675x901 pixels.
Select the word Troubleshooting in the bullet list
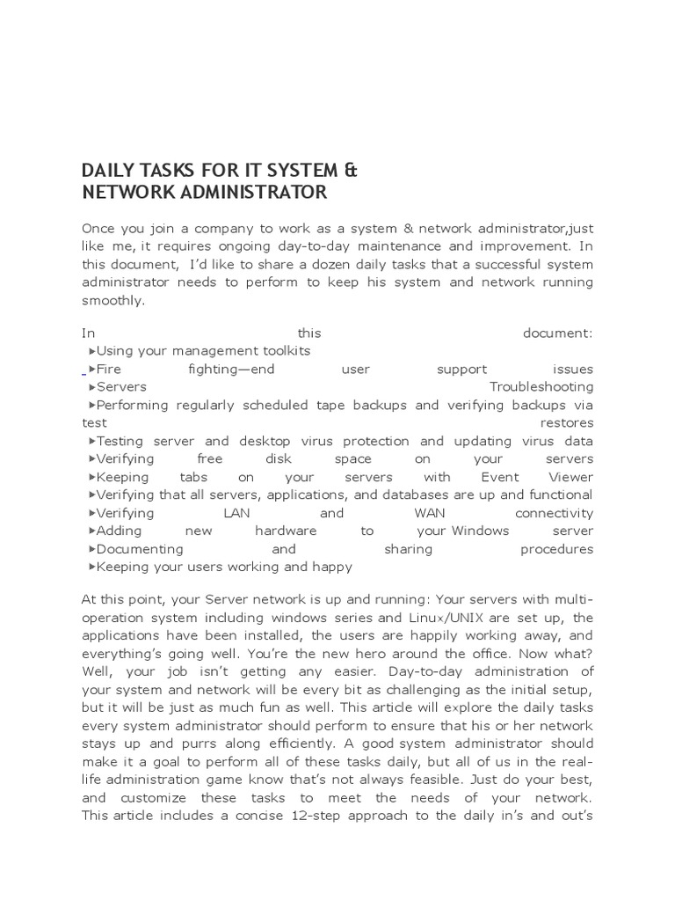tap(541, 387)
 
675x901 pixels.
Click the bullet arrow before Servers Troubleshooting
tap(91, 387)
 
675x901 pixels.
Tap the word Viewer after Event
tap(571, 477)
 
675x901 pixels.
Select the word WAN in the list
tap(424, 513)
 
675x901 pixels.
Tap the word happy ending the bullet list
tap(331, 567)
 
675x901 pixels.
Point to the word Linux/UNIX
tap(458, 617)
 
